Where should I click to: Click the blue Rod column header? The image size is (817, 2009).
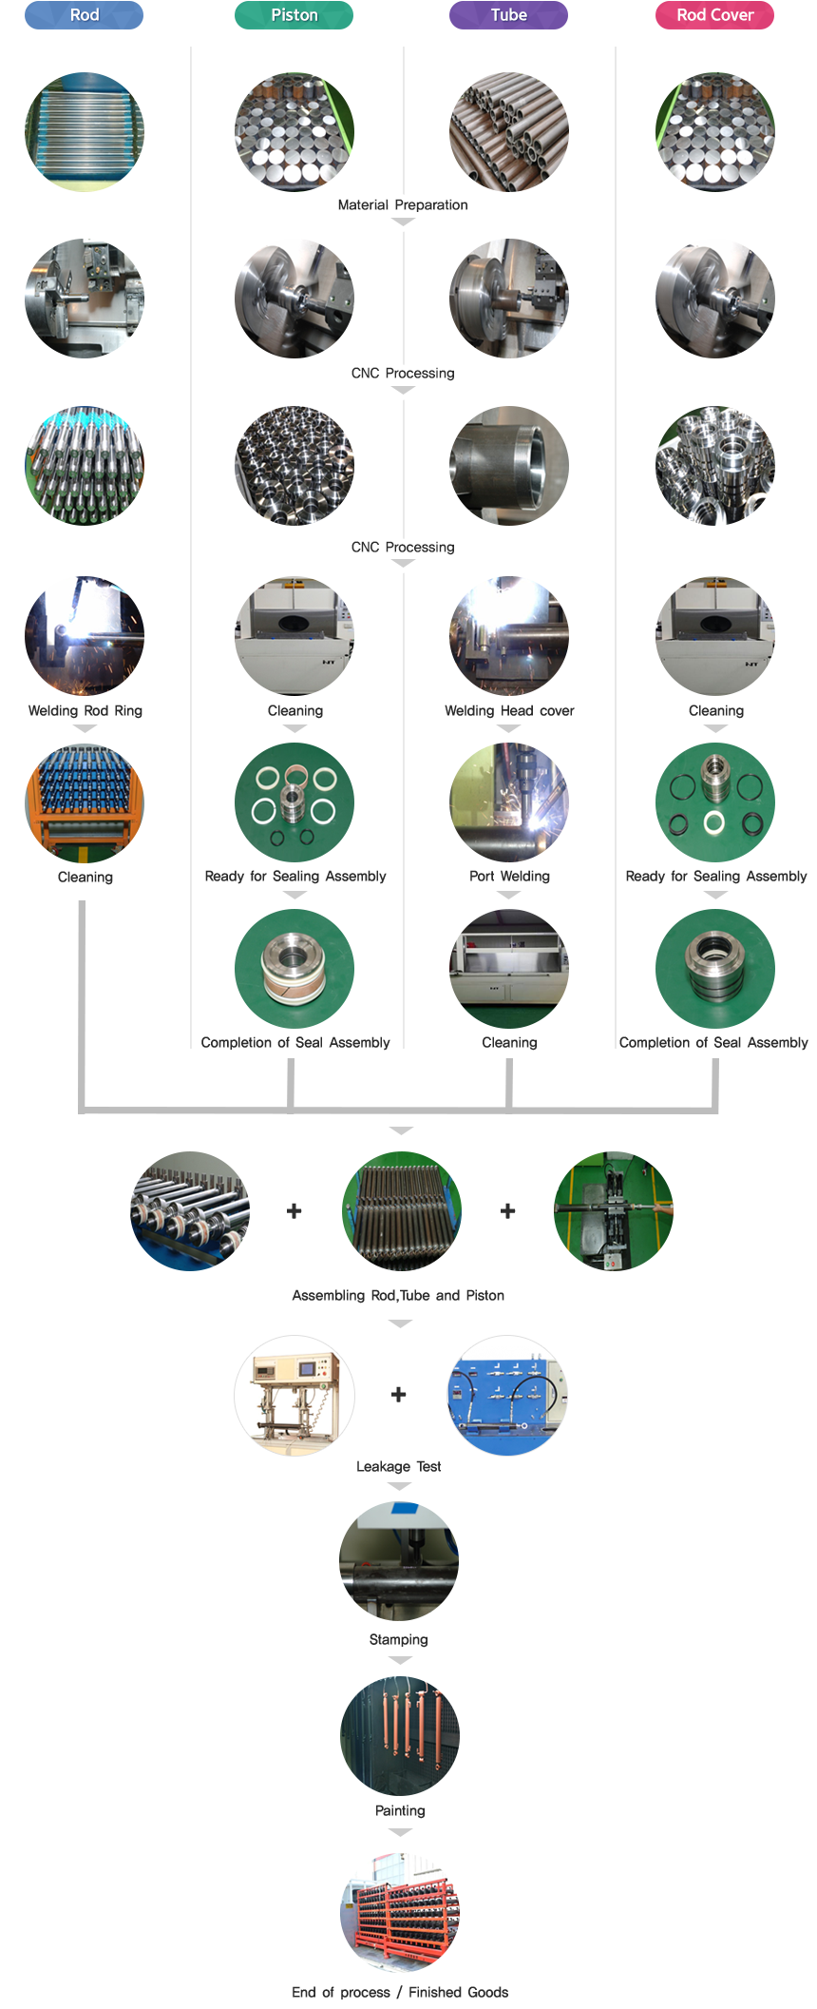[x=84, y=15]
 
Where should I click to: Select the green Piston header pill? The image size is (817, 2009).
[x=294, y=15]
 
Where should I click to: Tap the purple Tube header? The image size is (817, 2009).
[x=508, y=15]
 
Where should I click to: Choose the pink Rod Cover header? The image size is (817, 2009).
[x=714, y=15]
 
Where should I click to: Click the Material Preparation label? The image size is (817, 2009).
[x=403, y=205]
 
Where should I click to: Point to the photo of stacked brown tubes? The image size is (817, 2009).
[x=508, y=131]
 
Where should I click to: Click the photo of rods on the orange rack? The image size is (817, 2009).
[x=85, y=803]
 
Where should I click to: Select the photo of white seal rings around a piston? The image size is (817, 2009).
[x=294, y=802]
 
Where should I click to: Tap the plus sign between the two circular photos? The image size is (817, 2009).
[x=399, y=1395]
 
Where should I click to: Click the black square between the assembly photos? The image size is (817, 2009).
[x=294, y=1210]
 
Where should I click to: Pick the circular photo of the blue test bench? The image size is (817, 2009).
[x=507, y=1396]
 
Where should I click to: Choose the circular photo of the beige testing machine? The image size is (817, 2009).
[x=294, y=1396]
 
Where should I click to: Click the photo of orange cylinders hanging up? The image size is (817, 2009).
[x=400, y=1735]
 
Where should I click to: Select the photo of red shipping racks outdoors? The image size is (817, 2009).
[x=400, y=1913]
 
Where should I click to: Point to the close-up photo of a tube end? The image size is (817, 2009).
[x=508, y=466]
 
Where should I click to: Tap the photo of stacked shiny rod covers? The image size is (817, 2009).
[x=715, y=466]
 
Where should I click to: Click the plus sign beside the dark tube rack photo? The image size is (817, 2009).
[x=508, y=1210]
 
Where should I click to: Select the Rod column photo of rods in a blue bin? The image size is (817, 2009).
[x=85, y=131]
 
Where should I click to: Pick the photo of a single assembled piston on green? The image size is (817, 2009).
[x=294, y=969]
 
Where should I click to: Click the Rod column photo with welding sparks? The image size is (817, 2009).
[x=85, y=635]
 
